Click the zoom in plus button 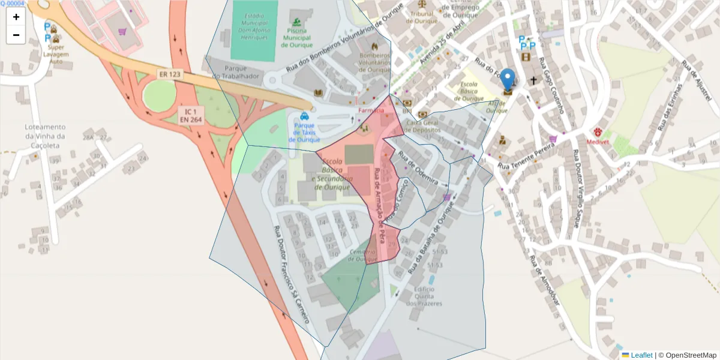(x=16, y=17)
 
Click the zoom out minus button (x=16, y=35)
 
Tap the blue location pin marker (x=508, y=80)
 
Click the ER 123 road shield (x=170, y=74)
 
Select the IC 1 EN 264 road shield (x=191, y=115)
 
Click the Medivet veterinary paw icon (x=598, y=131)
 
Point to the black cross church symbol (x=532, y=80)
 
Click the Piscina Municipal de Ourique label (x=296, y=37)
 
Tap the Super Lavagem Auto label (x=56, y=54)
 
